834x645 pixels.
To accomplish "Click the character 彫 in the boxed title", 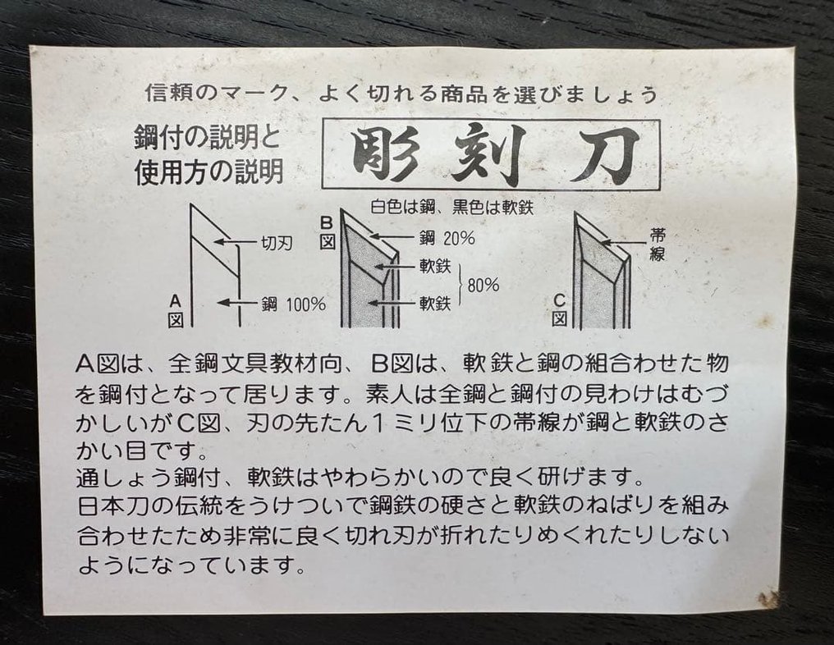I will (x=383, y=155).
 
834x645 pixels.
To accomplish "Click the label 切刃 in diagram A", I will (x=276, y=243).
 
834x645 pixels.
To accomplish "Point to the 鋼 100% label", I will (x=293, y=304).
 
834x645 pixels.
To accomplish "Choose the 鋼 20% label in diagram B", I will (x=446, y=240).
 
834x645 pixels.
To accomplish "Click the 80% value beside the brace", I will (x=483, y=286).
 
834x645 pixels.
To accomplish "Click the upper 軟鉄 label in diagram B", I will (x=434, y=268).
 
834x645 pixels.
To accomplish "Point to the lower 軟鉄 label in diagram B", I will (x=434, y=304).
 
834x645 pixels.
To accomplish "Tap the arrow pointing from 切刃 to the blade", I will (x=233, y=243).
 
